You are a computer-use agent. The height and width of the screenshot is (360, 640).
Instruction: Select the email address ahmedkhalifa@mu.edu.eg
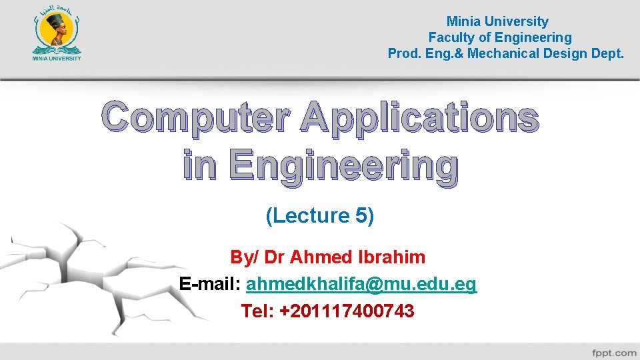pyautogui.click(x=361, y=285)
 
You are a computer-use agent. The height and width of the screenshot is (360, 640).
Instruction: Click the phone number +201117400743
pyautogui.click(x=347, y=311)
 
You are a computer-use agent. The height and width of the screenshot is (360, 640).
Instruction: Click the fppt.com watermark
pyautogui.click(x=614, y=352)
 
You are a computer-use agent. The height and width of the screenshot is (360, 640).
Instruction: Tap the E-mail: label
pyautogui.click(x=210, y=285)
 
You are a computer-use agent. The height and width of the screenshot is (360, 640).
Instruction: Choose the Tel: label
pyautogui.click(x=257, y=311)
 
